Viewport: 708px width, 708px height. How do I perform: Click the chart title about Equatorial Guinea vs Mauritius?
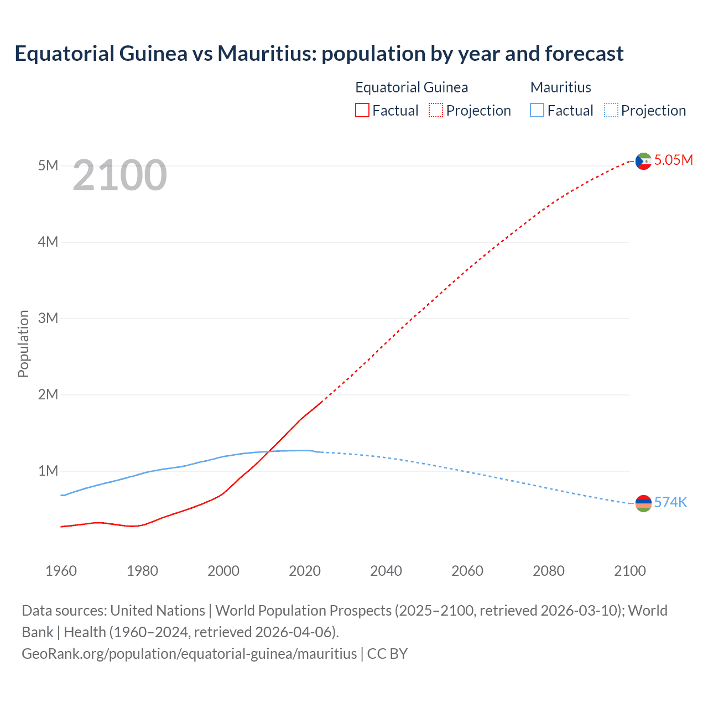click(319, 54)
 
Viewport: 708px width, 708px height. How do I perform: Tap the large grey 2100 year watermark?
click(119, 175)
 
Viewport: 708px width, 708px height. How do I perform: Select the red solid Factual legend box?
click(362, 111)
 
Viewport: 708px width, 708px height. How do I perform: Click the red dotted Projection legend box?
click(436, 111)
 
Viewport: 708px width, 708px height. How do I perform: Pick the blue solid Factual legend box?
click(537, 111)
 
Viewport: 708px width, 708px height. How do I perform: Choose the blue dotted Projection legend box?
click(611, 111)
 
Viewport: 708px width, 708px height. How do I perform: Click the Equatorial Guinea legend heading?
click(412, 87)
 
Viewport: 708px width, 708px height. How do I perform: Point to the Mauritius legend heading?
click(560, 87)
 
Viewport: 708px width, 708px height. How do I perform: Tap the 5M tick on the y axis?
click(48, 165)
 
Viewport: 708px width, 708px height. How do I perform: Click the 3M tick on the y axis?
click(48, 318)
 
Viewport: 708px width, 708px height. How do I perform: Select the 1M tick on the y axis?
click(48, 471)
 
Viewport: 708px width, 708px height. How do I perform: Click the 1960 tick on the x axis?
click(61, 571)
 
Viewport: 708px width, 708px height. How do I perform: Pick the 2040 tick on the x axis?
click(386, 571)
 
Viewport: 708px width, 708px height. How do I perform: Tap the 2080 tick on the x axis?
click(549, 571)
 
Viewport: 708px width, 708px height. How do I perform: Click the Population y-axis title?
click(23, 343)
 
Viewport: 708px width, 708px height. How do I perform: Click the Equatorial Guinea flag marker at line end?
click(643, 161)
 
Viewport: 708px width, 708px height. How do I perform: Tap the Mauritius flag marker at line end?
click(643, 503)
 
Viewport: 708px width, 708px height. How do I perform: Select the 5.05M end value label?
click(673, 160)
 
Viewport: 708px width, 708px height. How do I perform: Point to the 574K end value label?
click(670, 502)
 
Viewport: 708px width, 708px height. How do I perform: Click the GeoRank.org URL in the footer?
click(189, 654)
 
